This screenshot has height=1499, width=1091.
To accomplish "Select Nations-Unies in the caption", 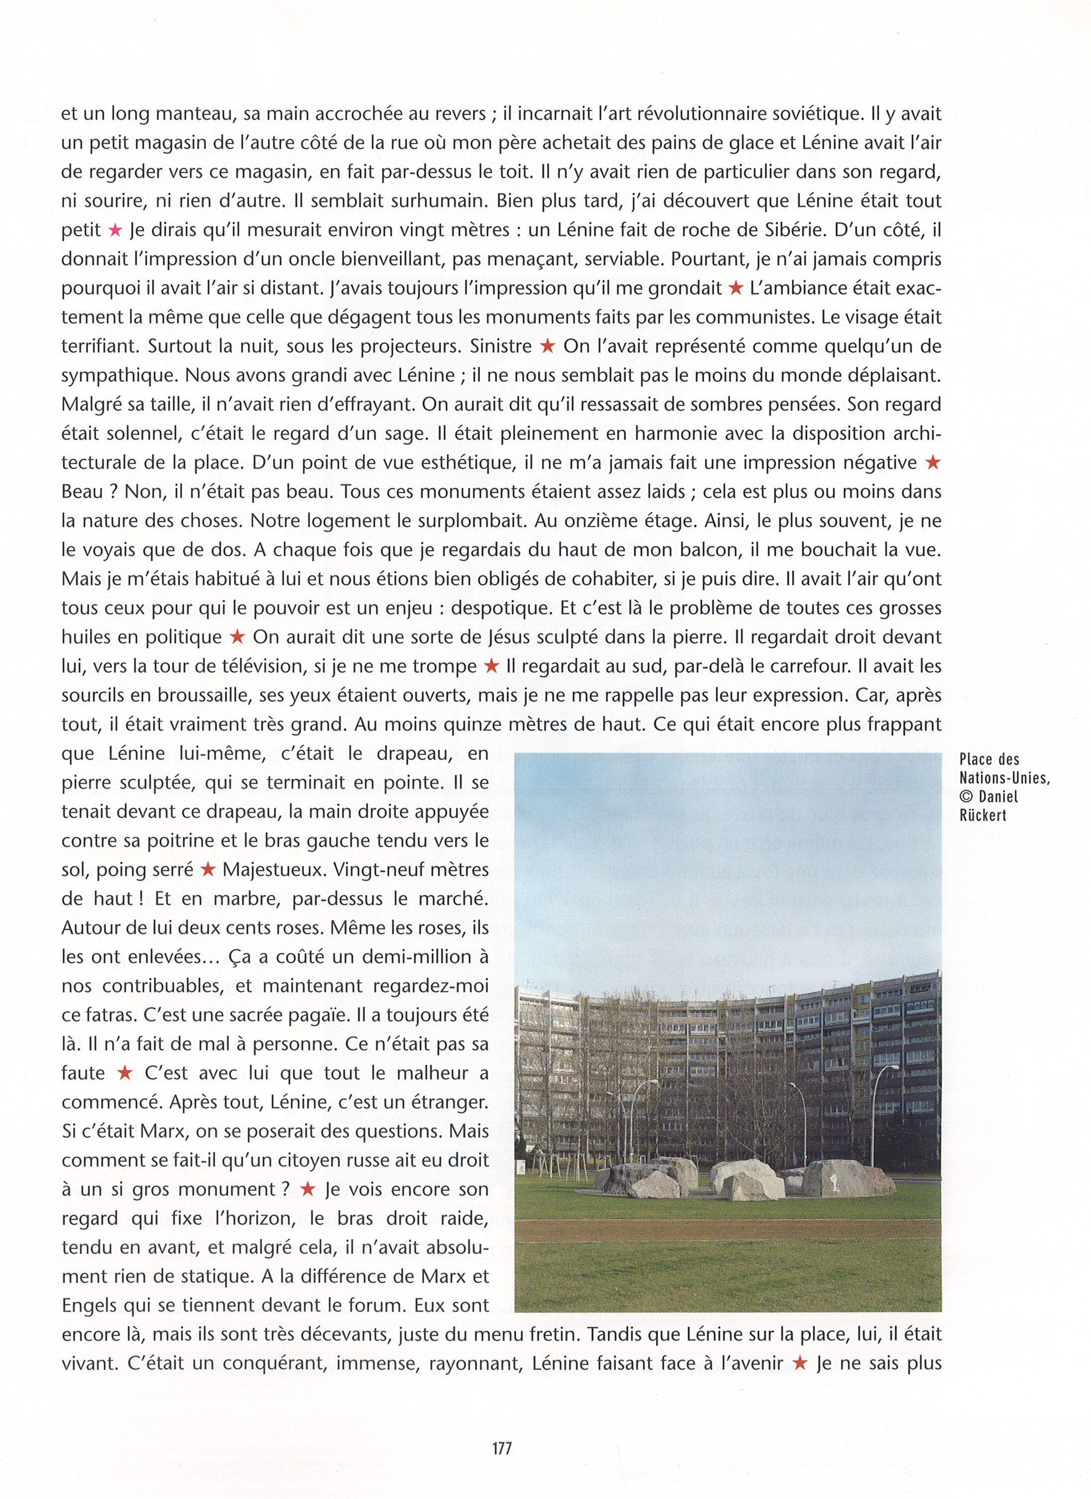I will click(1004, 778).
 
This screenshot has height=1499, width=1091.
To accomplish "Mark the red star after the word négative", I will click(932, 463).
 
